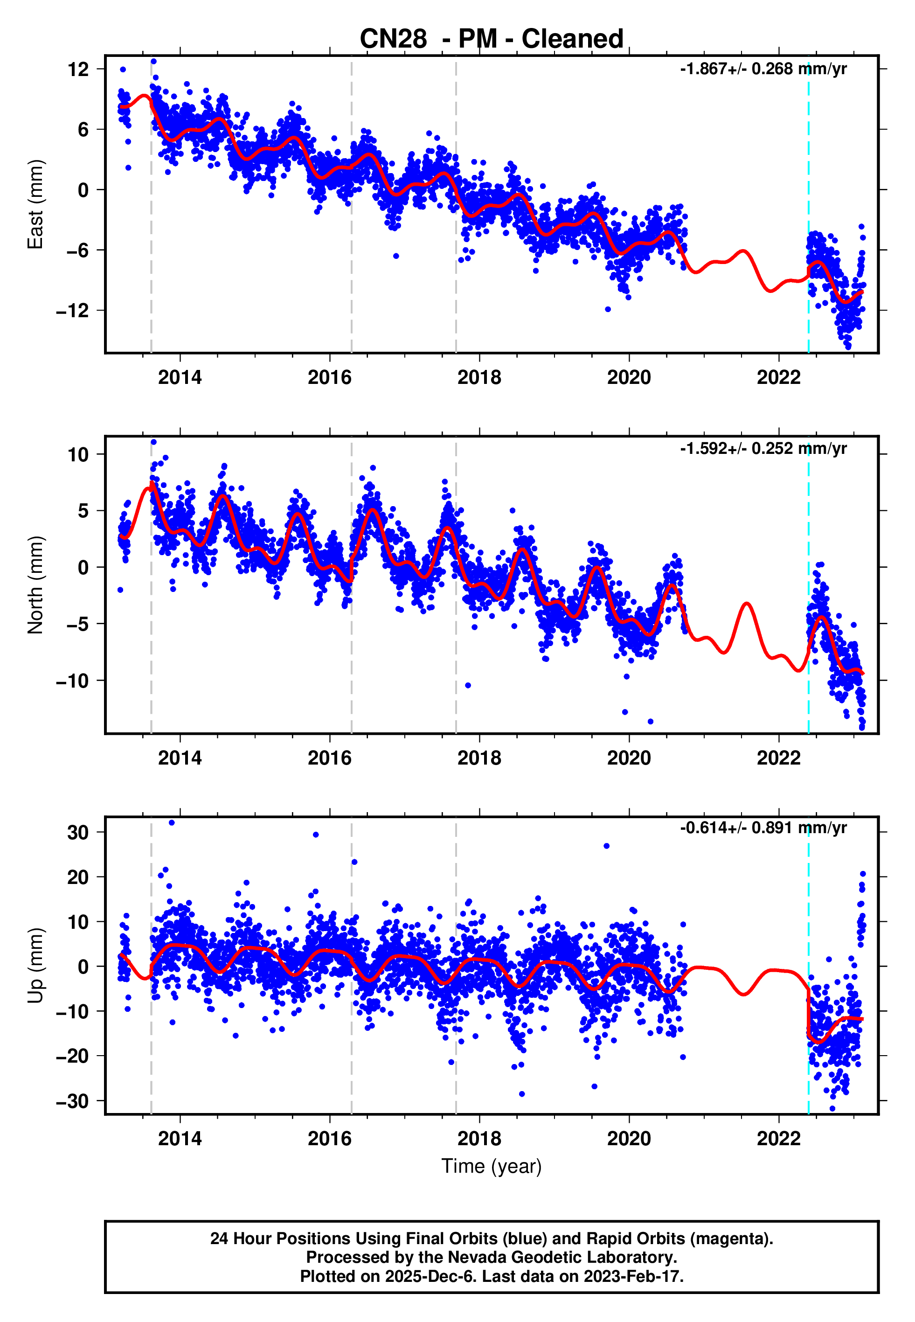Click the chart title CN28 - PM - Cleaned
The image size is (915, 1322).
point(492,39)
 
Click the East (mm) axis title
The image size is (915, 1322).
point(35,204)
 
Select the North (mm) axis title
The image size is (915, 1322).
point(35,585)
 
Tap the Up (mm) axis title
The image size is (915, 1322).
point(35,966)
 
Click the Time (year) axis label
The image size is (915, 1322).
point(492,1166)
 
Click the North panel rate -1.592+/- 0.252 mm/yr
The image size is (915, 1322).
point(763,448)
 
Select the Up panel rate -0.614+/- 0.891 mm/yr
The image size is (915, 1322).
point(763,828)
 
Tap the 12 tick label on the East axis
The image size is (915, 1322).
point(78,70)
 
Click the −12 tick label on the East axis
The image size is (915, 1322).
point(72,311)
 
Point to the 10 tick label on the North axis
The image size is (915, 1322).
point(78,455)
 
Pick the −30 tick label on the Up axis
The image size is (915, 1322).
point(72,1101)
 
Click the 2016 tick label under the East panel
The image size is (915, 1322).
point(330,377)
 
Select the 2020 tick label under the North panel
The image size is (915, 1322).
point(629,758)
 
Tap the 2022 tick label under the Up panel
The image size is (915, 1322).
point(778,1139)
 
